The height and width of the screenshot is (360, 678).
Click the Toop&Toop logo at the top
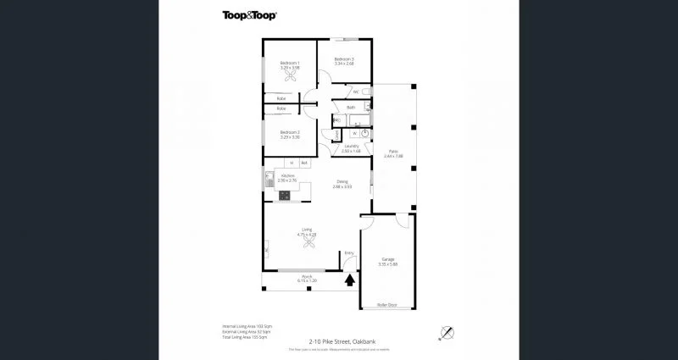click(x=249, y=14)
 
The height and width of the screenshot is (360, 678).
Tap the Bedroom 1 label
click(x=290, y=63)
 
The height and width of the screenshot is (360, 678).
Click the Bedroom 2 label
click(x=290, y=132)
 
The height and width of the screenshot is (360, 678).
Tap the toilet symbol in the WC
click(x=367, y=91)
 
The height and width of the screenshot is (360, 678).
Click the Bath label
click(x=351, y=108)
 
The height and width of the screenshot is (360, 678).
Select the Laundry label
click(x=350, y=147)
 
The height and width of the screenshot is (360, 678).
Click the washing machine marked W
click(x=354, y=133)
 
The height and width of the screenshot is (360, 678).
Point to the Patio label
click(x=392, y=152)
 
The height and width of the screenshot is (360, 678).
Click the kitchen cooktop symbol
click(x=284, y=196)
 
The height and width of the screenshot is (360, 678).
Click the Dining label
click(x=342, y=181)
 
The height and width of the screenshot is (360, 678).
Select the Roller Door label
click(x=387, y=305)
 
